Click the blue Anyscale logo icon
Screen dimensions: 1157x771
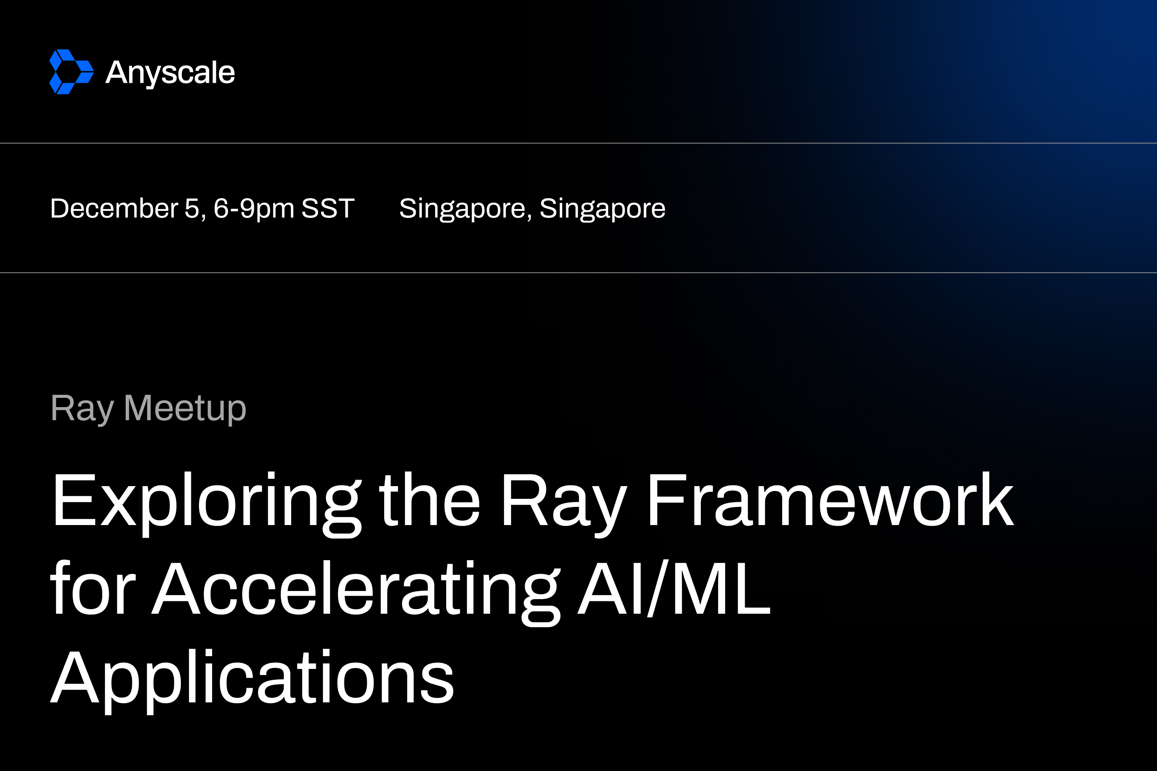click(x=72, y=72)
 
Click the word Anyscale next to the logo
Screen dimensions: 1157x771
click(x=170, y=73)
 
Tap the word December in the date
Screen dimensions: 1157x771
click(x=114, y=208)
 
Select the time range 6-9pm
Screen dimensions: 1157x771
click(x=254, y=209)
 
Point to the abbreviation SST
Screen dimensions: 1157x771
click(x=328, y=208)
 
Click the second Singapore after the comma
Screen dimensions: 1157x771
click(x=602, y=209)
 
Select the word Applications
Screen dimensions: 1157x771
click(x=252, y=682)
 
